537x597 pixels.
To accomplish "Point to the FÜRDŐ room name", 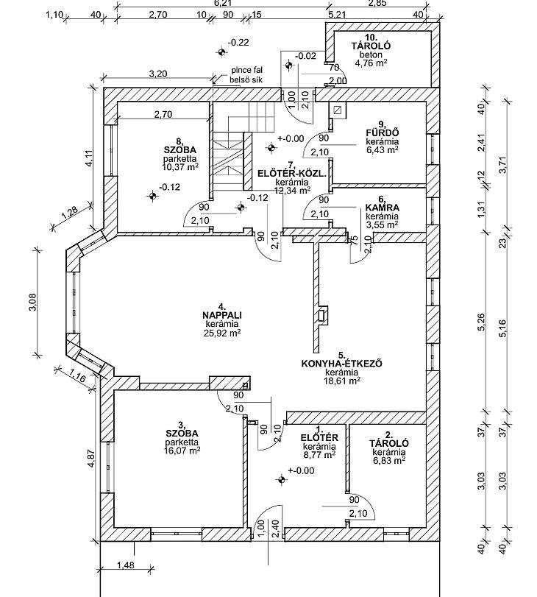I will [x=383, y=133].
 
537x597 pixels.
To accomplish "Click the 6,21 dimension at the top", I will [x=221, y=4].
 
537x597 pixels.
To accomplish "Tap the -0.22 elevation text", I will [x=238, y=42].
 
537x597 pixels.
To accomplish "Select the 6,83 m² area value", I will [x=388, y=460].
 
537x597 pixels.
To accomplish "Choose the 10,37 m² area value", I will [x=180, y=167].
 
